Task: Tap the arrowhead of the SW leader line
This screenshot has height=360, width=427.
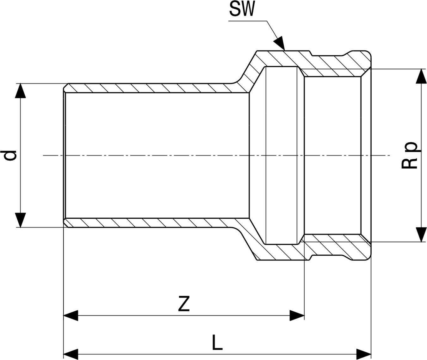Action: point(280,43)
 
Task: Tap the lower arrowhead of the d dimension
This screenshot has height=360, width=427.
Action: point(21,220)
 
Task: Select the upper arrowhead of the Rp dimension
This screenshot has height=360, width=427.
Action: point(421,76)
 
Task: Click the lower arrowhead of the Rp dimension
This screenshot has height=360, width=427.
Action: point(421,235)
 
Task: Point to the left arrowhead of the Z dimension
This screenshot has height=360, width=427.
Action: point(71,316)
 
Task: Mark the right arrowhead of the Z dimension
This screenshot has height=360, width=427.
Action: point(297,316)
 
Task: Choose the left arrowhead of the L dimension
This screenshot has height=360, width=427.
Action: point(71,354)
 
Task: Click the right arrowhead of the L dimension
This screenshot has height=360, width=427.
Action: point(364,354)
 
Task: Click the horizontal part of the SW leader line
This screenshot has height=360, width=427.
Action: point(248,21)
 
